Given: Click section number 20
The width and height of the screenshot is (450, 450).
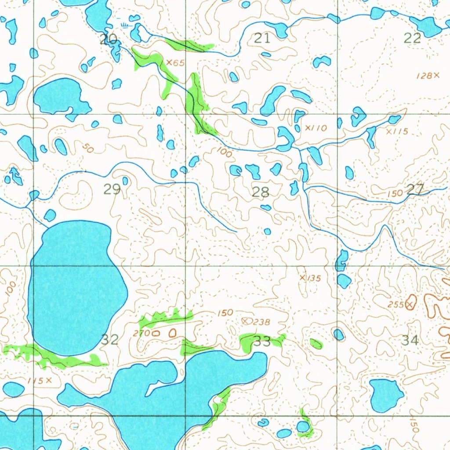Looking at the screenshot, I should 109,40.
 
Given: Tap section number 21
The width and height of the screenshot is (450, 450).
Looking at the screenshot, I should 262,39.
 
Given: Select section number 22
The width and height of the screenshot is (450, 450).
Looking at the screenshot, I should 412,38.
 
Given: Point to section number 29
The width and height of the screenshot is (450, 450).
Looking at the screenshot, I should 112,189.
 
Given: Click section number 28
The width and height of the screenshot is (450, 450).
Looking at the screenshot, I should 261,192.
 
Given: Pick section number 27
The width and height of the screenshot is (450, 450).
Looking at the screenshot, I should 415,189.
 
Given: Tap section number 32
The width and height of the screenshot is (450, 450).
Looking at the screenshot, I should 110,339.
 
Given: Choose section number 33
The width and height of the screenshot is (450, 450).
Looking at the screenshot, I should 262,341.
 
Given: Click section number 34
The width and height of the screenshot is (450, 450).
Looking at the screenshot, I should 410,340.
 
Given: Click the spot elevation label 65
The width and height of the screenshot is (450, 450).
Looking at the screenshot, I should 178,63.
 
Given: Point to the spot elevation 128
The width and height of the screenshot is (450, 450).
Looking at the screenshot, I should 424,76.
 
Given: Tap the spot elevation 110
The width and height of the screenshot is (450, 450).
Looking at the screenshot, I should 319,128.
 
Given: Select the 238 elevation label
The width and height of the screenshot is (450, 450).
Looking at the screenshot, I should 261,322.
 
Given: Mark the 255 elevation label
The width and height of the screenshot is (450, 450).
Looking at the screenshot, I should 396,305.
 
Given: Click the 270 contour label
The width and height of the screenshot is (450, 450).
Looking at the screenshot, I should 142,334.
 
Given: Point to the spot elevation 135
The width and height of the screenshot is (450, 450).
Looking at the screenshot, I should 314,278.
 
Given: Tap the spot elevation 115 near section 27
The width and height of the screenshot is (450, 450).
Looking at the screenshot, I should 400,131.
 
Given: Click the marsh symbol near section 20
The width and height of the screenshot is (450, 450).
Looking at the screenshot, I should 127,25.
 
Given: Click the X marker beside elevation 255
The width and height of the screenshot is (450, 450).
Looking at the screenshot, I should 410,304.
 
